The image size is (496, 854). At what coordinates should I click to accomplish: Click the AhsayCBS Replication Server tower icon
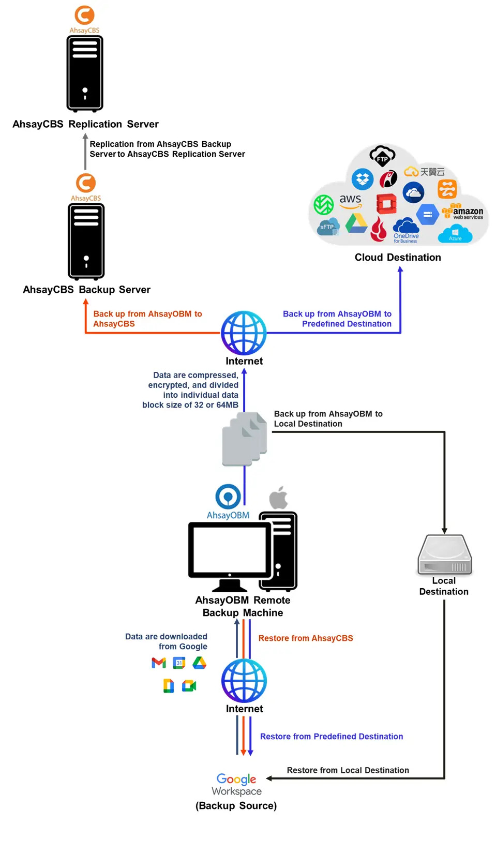(85, 73)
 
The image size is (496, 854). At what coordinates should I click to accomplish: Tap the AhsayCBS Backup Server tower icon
(86, 241)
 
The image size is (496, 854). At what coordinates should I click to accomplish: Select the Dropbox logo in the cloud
(363, 179)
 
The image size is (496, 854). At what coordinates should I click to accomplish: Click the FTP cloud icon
(382, 155)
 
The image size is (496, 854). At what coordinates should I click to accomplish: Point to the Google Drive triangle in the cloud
(356, 223)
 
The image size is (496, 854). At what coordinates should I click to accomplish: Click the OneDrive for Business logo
(406, 231)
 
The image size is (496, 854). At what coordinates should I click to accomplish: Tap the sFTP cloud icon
(328, 227)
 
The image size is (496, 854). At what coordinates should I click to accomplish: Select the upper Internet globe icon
(244, 333)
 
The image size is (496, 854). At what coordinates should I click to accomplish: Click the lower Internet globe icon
(244, 681)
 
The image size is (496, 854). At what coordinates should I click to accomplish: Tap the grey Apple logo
(278, 498)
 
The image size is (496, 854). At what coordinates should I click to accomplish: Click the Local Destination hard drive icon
(444, 555)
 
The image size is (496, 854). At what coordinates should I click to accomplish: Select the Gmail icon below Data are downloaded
(159, 663)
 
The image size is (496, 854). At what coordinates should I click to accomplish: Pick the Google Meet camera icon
(189, 686)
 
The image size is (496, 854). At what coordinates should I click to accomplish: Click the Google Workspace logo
(236, 784)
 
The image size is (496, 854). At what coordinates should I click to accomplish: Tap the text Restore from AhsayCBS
(306, 638)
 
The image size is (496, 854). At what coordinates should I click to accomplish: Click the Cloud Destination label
(397, 257)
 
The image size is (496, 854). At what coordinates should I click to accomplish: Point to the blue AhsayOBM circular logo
(228, 497)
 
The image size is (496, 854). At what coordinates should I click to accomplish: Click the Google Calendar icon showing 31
(179, 663)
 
